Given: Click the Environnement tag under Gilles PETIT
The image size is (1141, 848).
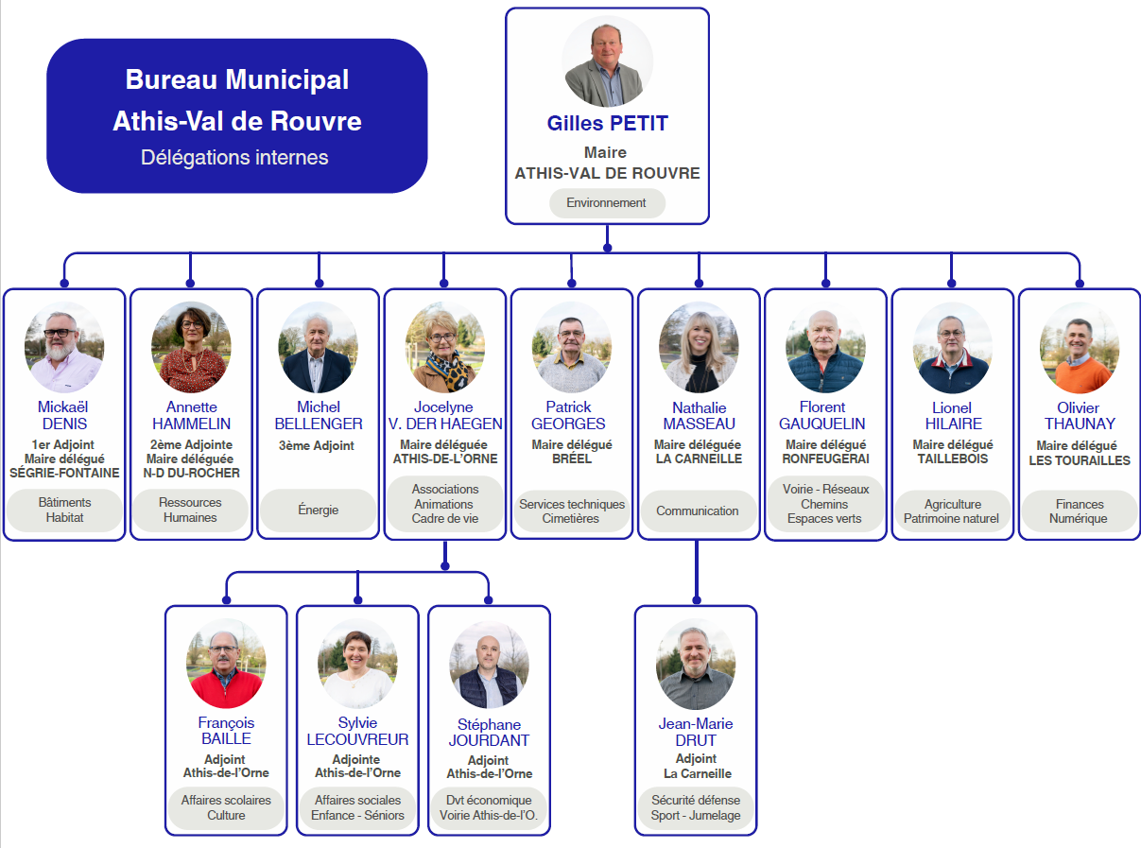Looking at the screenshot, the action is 607,202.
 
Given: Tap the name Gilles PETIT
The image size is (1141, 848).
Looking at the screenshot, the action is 607,124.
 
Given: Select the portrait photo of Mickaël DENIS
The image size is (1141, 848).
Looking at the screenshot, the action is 64,347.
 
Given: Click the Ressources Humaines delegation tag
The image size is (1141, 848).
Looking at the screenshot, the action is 190,510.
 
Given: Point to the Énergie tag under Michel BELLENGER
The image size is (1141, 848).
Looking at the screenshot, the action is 318,510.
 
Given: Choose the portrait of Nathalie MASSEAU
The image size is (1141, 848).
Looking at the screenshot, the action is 699,347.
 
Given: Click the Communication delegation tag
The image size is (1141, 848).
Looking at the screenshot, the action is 697,511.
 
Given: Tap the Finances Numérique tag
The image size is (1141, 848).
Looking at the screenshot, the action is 1079,511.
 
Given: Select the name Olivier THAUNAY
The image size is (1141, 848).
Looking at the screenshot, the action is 1079,416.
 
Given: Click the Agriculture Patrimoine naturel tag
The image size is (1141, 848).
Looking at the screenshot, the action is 952,511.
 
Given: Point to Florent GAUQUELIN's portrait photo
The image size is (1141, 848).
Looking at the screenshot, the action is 825,347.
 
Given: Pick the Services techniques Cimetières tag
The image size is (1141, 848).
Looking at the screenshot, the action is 572,511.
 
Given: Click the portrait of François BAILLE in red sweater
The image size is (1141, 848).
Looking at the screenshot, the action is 226,664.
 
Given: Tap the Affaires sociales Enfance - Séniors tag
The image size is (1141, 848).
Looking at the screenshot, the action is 357,808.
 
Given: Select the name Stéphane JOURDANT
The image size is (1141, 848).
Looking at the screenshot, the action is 489,733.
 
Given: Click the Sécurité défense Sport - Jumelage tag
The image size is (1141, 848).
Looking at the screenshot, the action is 696,808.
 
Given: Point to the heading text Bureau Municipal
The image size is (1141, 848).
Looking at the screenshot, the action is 237,79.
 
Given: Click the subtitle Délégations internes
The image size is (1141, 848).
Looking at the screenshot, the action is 234,158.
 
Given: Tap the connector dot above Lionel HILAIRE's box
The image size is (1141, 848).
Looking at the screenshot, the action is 951,283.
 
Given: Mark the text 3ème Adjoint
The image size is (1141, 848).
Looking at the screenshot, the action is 317,445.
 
